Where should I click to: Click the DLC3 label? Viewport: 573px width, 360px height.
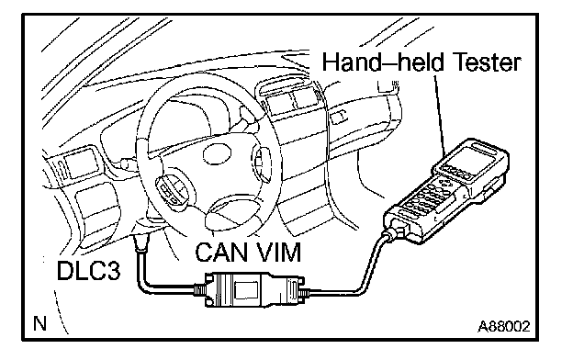(88, 270)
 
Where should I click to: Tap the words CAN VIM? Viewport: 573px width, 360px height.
(248, 252)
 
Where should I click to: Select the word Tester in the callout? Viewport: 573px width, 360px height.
(489, 62)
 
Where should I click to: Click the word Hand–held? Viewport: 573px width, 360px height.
(383, 62)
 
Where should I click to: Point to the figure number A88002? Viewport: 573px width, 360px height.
(504, 326)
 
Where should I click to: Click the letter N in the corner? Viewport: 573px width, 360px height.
(39, 323)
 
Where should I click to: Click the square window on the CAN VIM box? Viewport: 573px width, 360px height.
(246, 290)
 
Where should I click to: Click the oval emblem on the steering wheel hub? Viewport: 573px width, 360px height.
(218, 154)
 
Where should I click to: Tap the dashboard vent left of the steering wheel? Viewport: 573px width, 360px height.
(80, 163)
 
